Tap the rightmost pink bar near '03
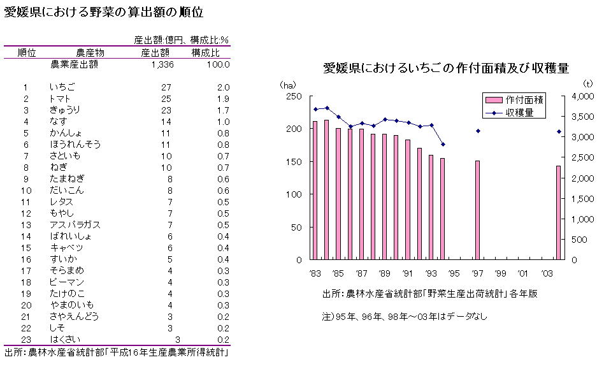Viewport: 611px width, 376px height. (558, 213)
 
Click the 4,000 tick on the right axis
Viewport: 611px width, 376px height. (584, 96)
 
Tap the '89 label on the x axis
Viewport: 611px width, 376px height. (384, 273)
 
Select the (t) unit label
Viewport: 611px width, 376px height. (587, 83)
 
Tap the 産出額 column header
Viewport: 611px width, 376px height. (155, 52)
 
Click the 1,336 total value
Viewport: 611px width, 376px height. (162, 64)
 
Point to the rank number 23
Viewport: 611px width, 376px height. (26, 339)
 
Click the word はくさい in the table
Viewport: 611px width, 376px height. (66, 339)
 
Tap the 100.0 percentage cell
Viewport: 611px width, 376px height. (218, 64)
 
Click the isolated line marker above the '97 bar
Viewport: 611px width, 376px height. (477, 131)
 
